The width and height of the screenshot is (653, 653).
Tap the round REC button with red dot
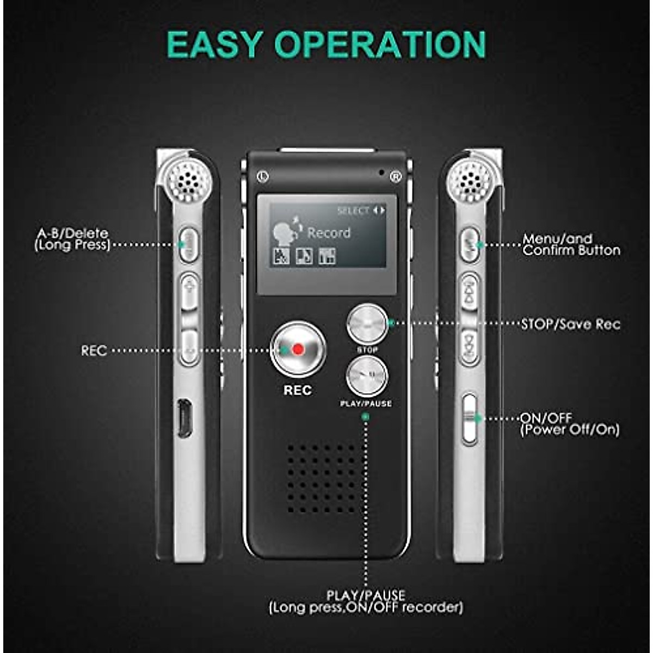[x=298, y=349]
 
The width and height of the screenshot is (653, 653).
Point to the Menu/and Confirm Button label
[x=571, y=245]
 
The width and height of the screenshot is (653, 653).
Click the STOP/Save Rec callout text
[x=570, y=324]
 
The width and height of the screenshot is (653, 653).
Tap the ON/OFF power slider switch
[x=469, y=418]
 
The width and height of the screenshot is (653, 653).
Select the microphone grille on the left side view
[x=188, y=180]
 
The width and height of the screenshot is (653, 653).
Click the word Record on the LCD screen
[x=329, y=233]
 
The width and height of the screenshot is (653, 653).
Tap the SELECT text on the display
[x=353, y=211]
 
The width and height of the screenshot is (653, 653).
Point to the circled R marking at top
[x=395, y=176]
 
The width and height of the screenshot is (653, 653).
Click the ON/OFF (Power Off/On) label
[x=569, y=424]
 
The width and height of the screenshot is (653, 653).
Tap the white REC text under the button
[x=298, y=390]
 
